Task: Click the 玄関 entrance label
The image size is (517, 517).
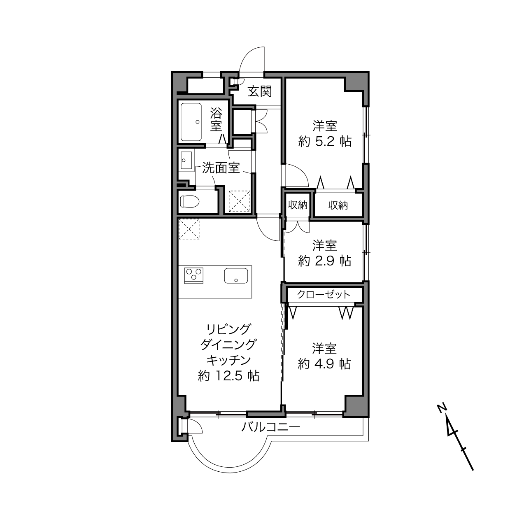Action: point(259,91)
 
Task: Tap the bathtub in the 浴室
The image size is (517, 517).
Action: point(191,122)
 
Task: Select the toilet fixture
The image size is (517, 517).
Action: point(190,201)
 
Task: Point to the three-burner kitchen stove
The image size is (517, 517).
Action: point(194,275)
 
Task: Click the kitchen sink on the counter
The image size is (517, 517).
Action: point(236,275)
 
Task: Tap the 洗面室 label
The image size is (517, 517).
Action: point(221,168)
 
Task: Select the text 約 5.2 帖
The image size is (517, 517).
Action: point(325,141)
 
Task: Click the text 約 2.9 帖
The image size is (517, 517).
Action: point(325,261)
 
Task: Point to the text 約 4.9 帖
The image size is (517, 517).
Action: point(324,364)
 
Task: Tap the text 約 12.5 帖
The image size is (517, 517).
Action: point(228,376)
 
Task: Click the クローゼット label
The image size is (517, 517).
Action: point(324,295)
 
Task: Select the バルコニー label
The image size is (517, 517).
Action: point(271,426)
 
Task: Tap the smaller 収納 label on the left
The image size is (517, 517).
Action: point(298,205)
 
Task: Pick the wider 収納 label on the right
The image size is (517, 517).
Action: point(338,205)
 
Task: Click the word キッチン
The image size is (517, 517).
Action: point(228,360)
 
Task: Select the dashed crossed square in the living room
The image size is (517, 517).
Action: point(189,229)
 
